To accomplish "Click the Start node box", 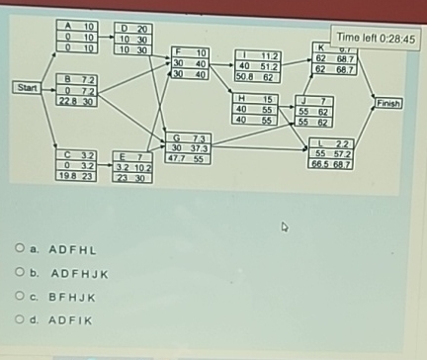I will [x=28, y=88].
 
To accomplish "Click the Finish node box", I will [x=388, y=102].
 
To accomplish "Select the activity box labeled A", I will [x=75, y=37].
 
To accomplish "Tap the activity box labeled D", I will [x=132, y=39].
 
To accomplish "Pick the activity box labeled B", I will [x=75, y=89].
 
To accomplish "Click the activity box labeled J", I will [x=314, y=112].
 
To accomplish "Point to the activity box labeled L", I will [x=330, y=154].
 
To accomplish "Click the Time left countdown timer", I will [x=377, y=40].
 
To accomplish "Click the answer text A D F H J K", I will [x=78, y=273].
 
